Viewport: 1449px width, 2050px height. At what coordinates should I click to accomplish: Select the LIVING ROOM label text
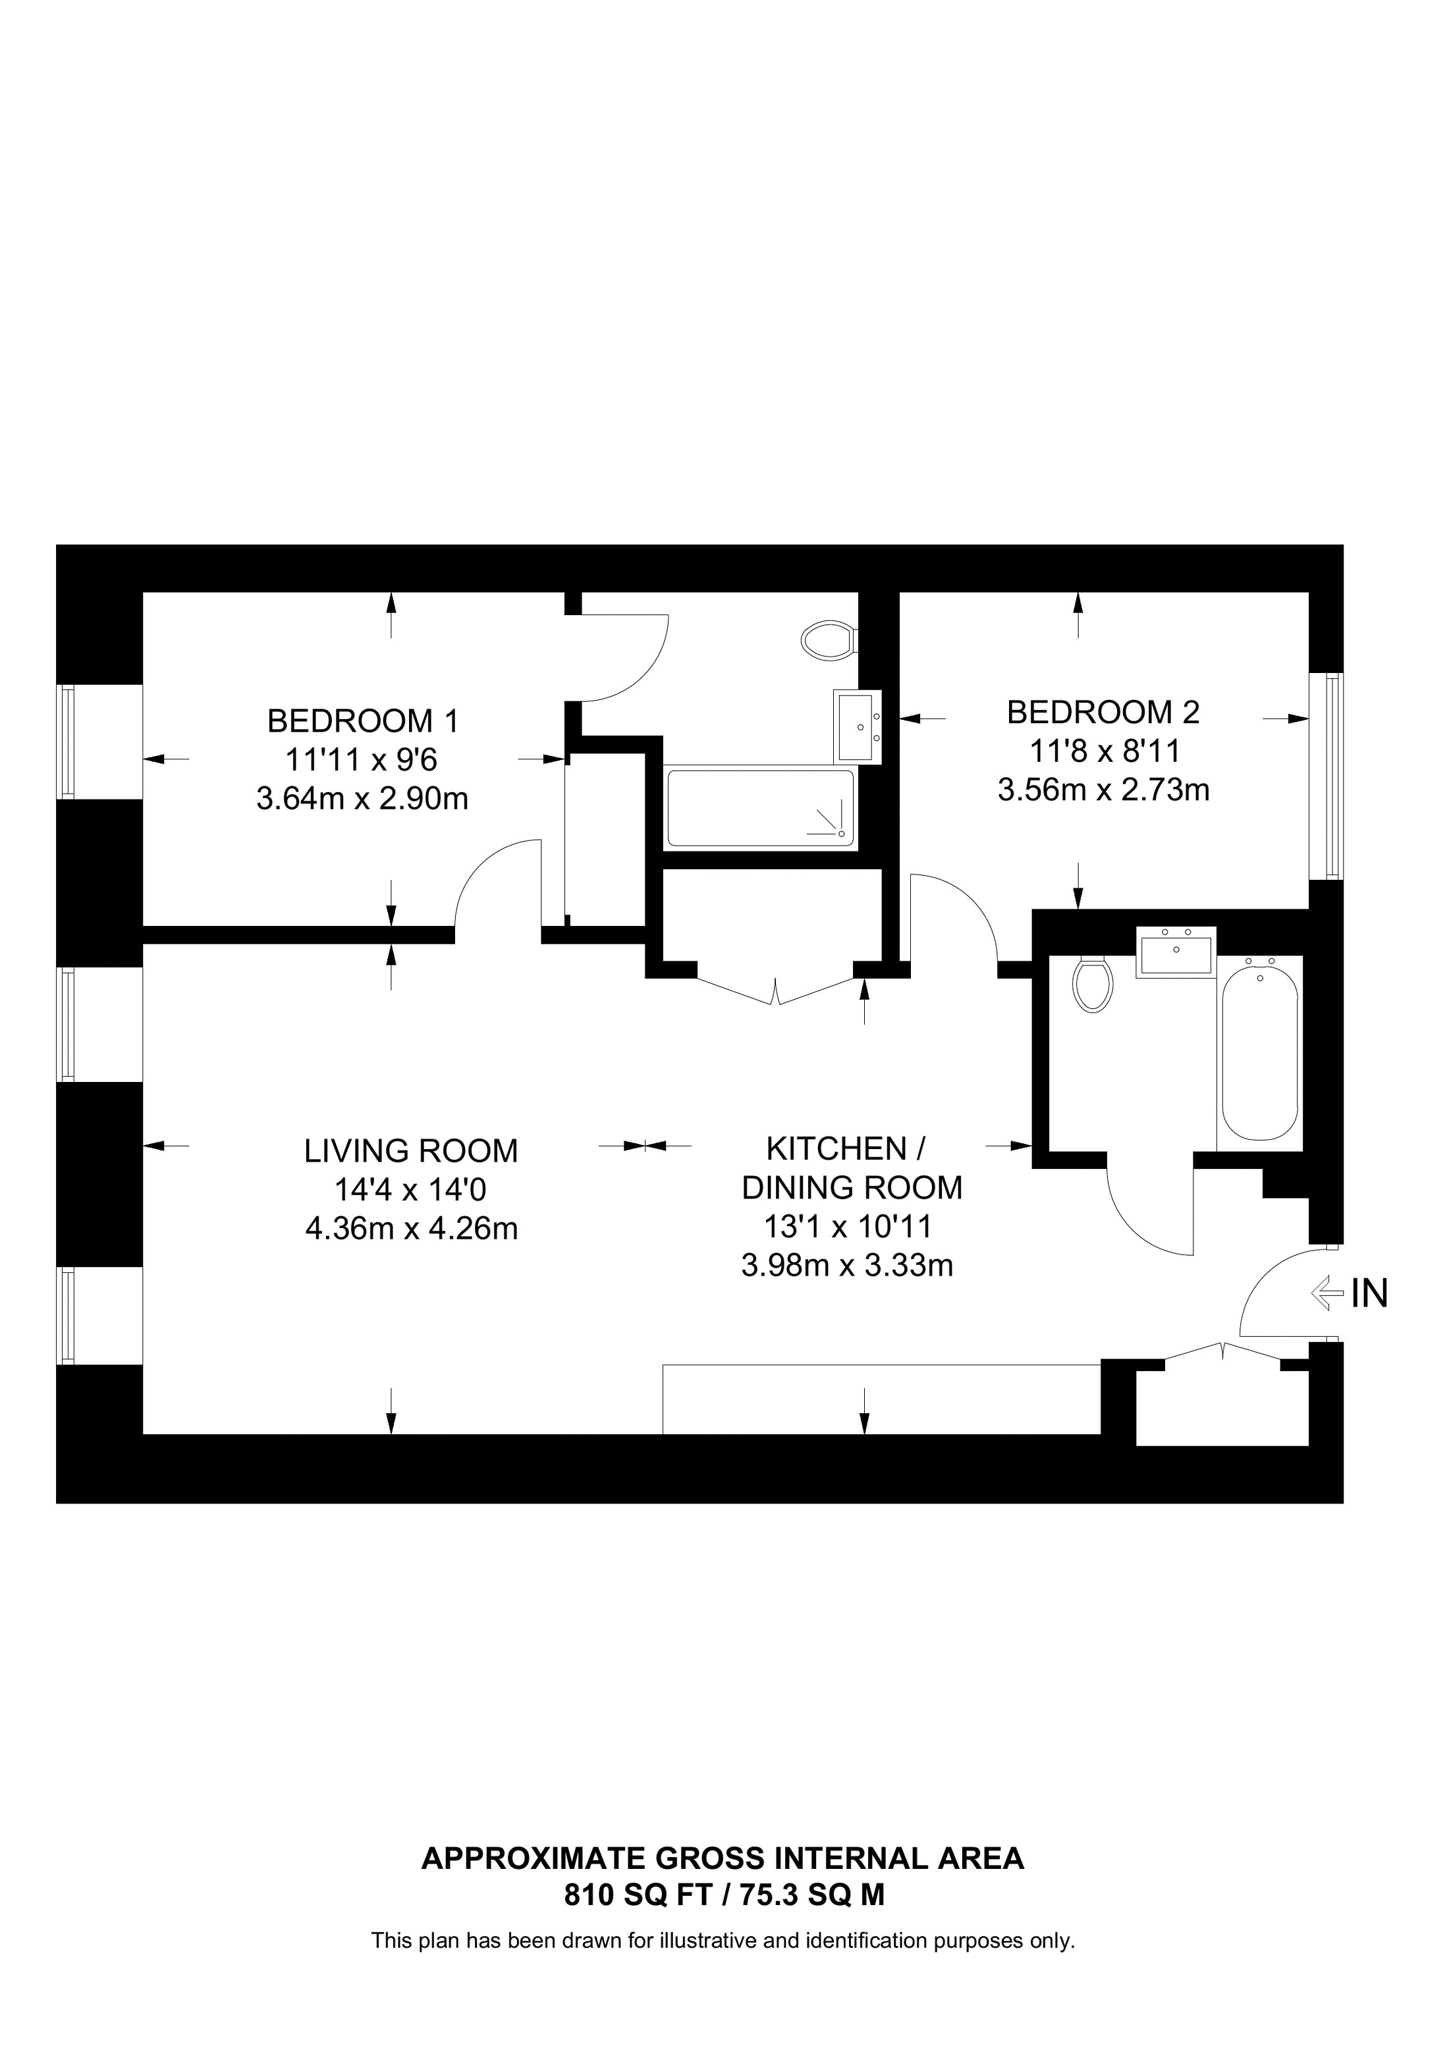(411, 1151)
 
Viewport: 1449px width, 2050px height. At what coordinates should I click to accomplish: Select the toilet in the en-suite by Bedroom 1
(828, 640)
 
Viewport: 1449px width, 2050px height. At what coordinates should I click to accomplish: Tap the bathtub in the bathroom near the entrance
(1260, 1052)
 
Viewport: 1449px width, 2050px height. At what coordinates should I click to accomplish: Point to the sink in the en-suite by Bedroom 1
(857, 726)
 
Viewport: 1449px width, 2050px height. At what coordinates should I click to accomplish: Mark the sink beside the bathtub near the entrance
(1176, 952)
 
